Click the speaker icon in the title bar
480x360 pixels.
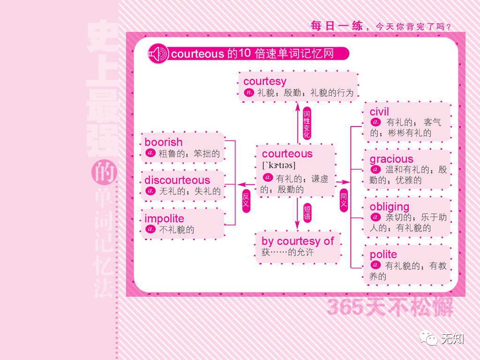coord(157,54)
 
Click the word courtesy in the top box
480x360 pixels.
coord(264,82)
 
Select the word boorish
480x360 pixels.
coord(163,142)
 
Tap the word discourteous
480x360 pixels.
coord(177,180)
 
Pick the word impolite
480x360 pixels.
coord(164,219)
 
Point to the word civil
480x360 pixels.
coord(379,112)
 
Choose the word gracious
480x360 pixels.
coord(391,159)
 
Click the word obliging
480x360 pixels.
coord(389,207)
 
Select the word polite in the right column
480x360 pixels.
coord(383,255)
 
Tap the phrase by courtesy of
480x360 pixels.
coord(297,241)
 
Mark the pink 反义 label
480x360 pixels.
coord(246,201)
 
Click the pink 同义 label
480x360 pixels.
coord(344,200)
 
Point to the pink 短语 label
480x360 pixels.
coord(307,212)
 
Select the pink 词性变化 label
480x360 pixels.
coord(307,124)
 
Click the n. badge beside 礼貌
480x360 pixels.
coord(248,93)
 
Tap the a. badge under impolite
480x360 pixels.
coord(150,229)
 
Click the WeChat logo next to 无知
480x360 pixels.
coord(428,337)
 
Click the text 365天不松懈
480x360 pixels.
coord(390,307)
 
